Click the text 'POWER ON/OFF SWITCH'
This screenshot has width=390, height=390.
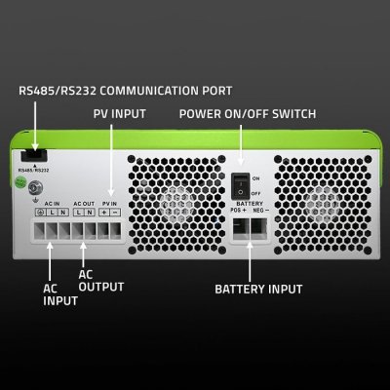click(248, 114)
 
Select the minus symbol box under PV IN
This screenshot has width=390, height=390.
click(116, 213)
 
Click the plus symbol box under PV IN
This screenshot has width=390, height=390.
click(104, 213)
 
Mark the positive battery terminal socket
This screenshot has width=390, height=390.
click(238, 226)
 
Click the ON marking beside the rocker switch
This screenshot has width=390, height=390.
click(256, 179)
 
